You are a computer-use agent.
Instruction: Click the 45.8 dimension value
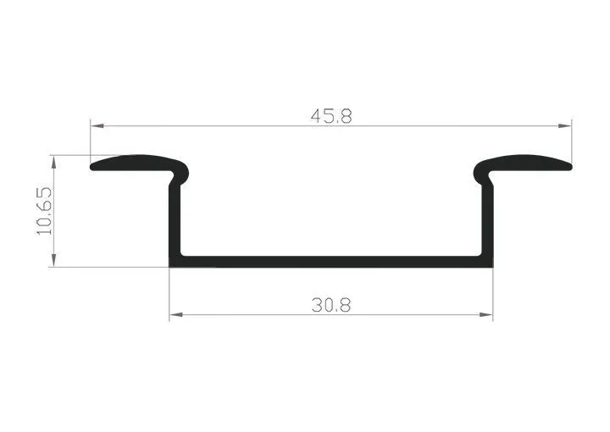pos(331,116)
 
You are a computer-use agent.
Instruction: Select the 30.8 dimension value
pos(331,305)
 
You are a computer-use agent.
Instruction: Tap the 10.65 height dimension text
pos(44,211)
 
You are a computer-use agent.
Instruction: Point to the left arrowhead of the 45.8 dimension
pos(97,126)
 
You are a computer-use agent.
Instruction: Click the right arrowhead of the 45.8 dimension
pos(565,126)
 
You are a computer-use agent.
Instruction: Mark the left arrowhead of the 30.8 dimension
pos(176,314)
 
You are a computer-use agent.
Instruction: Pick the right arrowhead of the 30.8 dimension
pos(486,314)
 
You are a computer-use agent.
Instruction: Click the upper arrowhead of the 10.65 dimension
pos(53,162)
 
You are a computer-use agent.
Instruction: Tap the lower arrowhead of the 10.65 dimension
pos(53,260)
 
